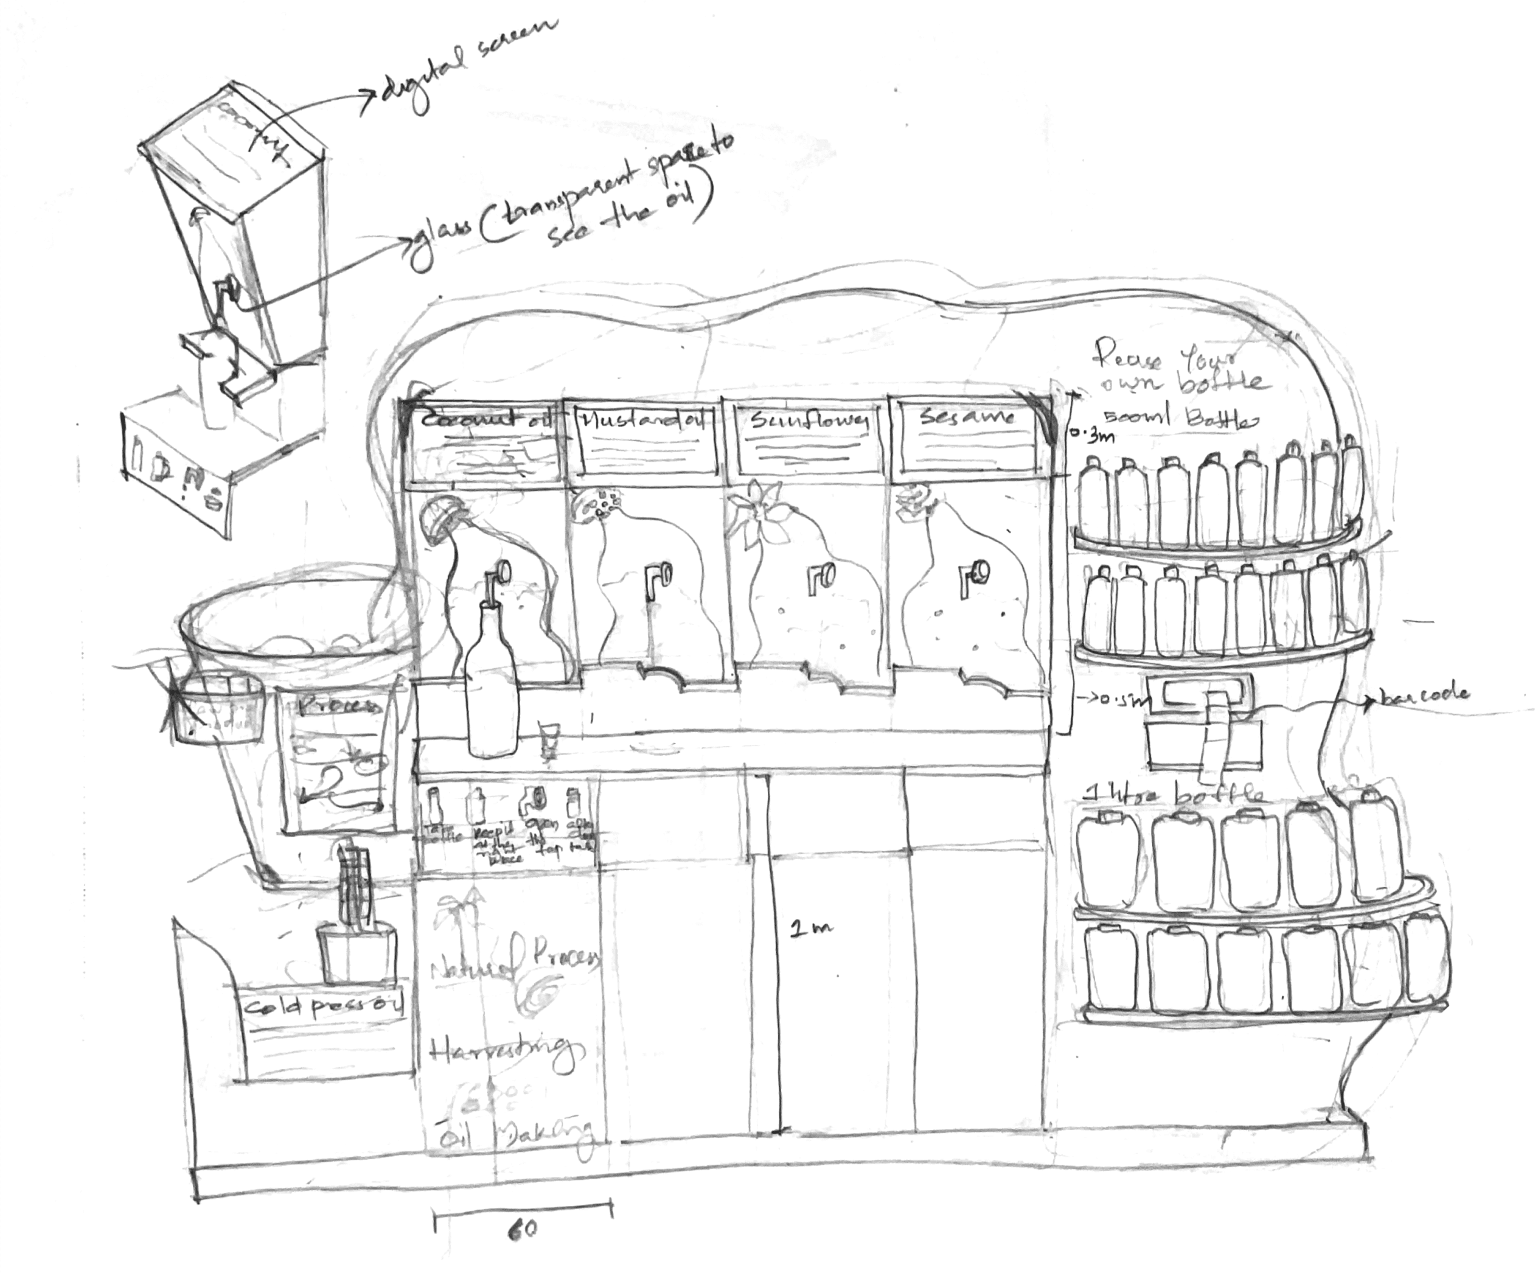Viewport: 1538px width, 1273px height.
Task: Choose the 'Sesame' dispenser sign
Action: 968,417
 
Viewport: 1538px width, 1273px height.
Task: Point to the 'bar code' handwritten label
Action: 1424,692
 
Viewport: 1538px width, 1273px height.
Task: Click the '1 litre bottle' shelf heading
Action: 1172,793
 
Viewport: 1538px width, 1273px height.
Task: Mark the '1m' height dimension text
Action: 811,928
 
